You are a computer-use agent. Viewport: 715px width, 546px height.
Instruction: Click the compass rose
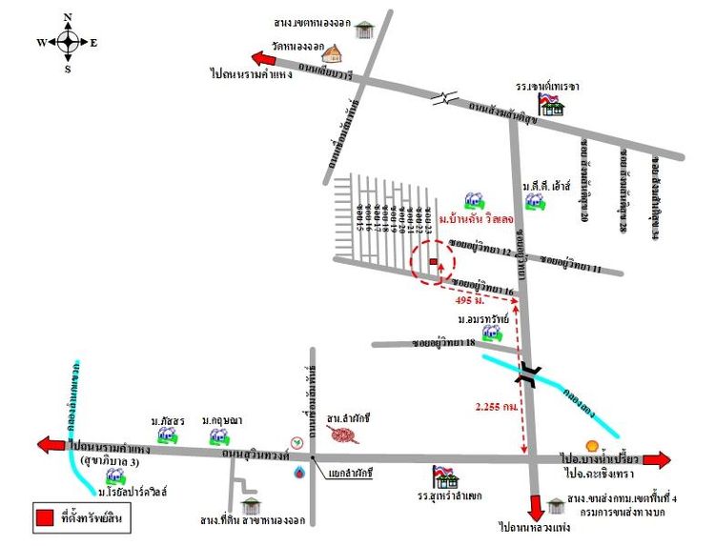click(68, 42)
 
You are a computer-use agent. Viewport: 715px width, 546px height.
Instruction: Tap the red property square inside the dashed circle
click(434, 260)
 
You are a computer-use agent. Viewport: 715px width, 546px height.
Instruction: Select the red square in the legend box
click(45, 518)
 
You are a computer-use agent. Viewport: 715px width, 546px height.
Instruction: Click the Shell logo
click(591, 445)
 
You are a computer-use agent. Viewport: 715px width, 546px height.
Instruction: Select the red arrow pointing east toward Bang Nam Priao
click(656, 459)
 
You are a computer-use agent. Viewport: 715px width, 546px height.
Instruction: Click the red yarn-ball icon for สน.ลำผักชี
click(344, 435)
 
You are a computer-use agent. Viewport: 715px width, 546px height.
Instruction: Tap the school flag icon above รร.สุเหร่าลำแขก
click(442, 475)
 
